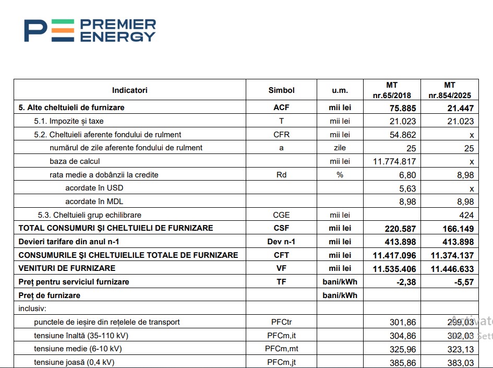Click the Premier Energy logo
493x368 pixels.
click(90, 30)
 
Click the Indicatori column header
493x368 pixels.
click(129, 90)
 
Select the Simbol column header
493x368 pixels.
click(281, 90)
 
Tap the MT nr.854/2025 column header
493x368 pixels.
click(449, 90)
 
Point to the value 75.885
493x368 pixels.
click(402, 108)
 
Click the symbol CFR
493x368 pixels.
click(281, 135)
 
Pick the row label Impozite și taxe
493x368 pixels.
click(76, 121)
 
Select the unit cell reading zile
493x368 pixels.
click(340, 148)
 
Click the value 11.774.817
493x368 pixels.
click(394, 161)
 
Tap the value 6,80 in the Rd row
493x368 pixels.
click(407, 175)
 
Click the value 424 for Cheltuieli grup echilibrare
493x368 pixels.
click(466, 215)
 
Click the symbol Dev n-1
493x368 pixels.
click(281, 242)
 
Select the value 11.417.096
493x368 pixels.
click(394, 255)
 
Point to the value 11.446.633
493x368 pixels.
click(452, 269)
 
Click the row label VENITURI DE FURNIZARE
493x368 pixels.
click(67, 268)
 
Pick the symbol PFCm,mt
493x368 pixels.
click(281, 349)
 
